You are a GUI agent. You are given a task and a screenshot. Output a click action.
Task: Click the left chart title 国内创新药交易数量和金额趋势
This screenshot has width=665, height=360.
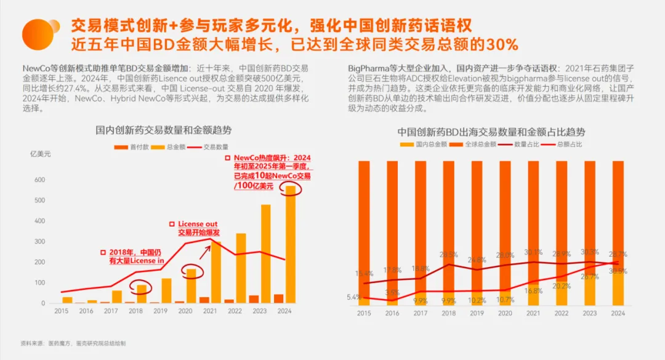pos(163,130)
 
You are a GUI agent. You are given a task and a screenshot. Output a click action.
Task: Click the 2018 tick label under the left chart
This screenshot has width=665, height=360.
pos(135,311)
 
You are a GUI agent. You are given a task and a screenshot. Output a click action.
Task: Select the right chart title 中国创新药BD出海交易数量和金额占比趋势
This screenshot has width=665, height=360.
pos(491,132)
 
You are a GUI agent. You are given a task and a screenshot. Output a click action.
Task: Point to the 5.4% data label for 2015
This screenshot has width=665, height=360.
pos(354,297)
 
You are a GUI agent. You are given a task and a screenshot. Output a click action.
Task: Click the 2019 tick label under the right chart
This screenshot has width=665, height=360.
pos(477,313)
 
